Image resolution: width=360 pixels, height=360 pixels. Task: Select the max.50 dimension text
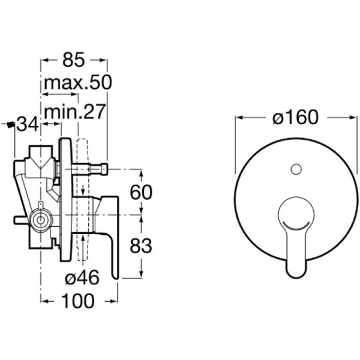[76, 83]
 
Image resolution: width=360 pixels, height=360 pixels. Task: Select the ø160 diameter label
[294, 118]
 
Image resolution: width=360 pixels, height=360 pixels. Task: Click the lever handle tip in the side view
[116, 276]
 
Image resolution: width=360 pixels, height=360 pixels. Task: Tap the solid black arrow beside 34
[8, 124]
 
